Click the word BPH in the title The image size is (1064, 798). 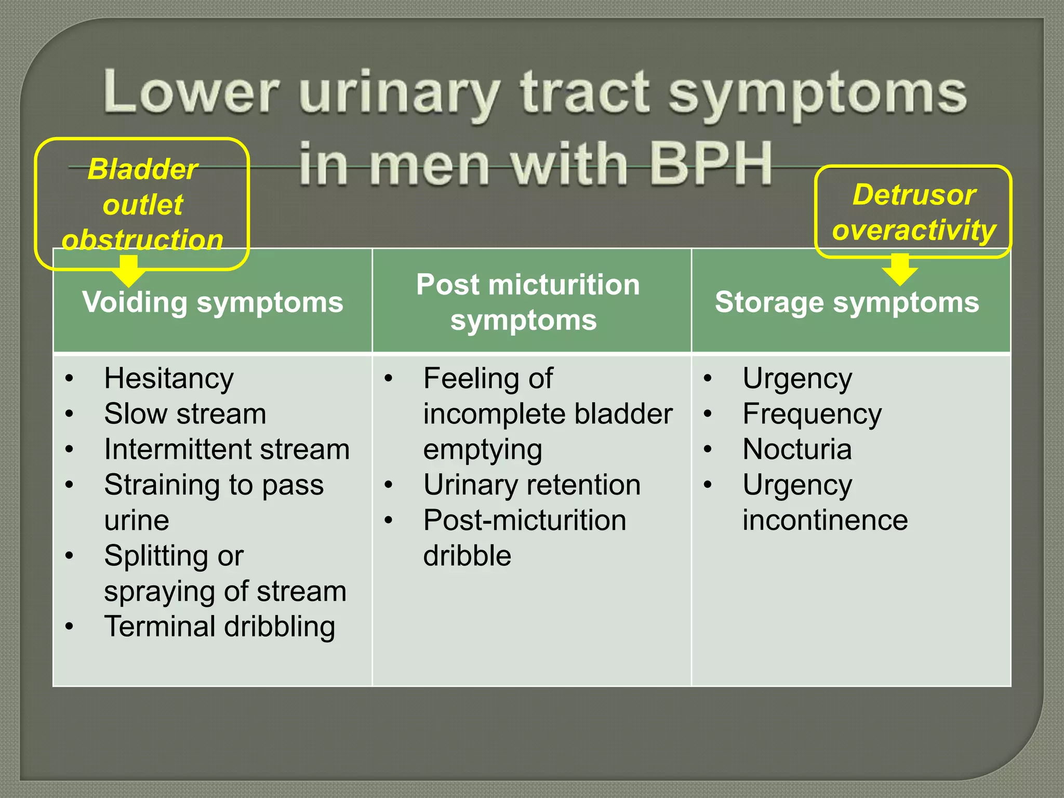click(x=711, y=164)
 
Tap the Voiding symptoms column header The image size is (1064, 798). click(x=212, y=302)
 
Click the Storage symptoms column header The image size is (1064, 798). click(x=847, y=302)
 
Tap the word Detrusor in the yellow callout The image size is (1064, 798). click(x=914, y=195)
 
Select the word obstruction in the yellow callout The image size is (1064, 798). click(x=142, y=240)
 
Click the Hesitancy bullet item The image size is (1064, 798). click(x=169, y=378)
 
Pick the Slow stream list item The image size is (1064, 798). click(x=185, y=414)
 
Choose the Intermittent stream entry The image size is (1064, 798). click(x=227, y=449)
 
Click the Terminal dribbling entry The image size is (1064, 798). click(x=219, y=627)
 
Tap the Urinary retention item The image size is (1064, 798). click(x=531, y=485)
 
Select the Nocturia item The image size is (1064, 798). click(x=797, y=449)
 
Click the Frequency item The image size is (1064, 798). click(x=812, y=414)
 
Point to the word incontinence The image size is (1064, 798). click(x=825, y=520)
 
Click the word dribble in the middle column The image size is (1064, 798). click(x=467, y=556)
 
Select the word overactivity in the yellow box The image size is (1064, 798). click(x=914, y=230)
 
